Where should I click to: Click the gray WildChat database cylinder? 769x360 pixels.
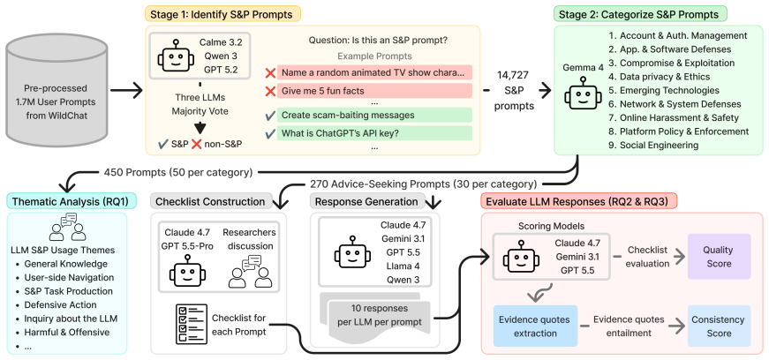coord(57,91)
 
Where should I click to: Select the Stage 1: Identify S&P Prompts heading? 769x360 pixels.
coord(222,14)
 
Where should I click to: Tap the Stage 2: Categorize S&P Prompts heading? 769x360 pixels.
coord(640,14)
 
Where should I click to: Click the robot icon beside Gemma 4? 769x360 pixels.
coord(582,94)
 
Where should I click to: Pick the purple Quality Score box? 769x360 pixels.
coord(719,257)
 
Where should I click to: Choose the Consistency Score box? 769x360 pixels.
coord(719,326)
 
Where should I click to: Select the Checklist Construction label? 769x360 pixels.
coord(210,201)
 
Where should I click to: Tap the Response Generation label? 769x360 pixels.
coord(366,201)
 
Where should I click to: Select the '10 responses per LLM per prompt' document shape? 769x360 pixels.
coord(375,317)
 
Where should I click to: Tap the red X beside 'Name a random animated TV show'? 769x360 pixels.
coord(270,73)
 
